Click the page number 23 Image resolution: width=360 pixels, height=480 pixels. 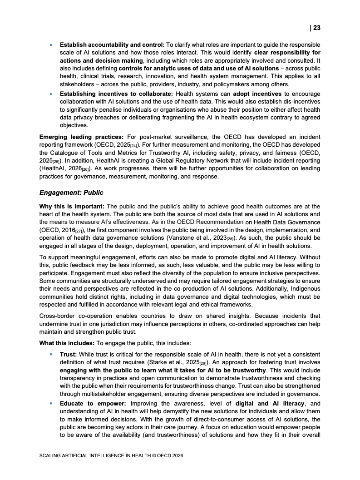[x=316, y=28]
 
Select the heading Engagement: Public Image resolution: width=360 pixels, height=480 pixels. [x=71, y=193]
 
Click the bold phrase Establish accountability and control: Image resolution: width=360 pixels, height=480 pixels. [x=112, y=45]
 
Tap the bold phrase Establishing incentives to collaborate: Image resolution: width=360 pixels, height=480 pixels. [x=117, y=94]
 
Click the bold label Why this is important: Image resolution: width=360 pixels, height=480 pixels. [x=72, y=206]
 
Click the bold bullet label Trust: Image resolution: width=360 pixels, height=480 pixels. [x=69, y=354]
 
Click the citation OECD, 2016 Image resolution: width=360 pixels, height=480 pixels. [x=57, y=230]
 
